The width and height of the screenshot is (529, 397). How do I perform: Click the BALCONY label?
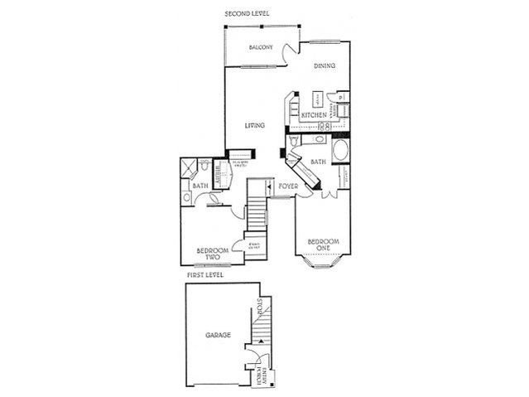coord(261,48)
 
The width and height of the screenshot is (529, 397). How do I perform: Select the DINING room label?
coord(324,66)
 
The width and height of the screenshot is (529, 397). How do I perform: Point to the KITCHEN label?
coord(312,114)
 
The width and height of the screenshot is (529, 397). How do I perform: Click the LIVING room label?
coord(254,126)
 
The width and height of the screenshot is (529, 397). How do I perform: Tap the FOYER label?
coord(287,186)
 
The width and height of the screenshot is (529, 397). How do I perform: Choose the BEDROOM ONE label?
coord(323,246)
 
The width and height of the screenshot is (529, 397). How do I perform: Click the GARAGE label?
coord(218,336)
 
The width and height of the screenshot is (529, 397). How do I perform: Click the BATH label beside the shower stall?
coord(200,186)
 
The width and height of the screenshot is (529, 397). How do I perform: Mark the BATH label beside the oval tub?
coord(317,162)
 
